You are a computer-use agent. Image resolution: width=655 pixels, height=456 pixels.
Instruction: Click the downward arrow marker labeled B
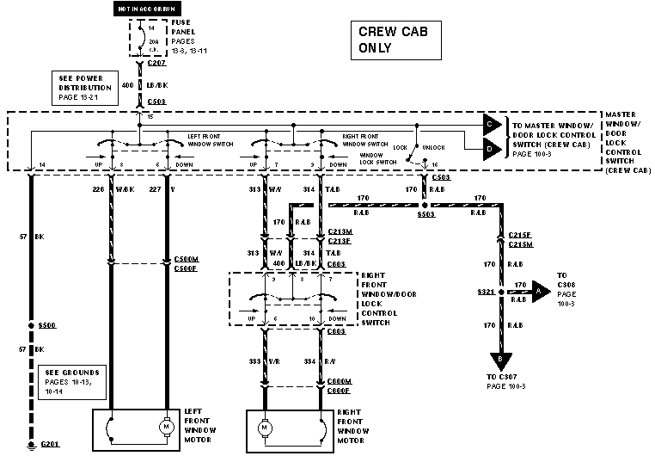[499, 360]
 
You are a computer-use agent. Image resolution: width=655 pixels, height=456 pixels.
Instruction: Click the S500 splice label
[49, 326]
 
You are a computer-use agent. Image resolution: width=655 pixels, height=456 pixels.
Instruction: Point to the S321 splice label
[486, 293]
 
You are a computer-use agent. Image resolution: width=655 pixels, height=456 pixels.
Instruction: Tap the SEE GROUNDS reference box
[73, 382]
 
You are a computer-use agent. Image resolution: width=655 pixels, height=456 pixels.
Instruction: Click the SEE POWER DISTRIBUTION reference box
[85, 88]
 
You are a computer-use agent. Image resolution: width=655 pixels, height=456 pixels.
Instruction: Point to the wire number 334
[309, 362]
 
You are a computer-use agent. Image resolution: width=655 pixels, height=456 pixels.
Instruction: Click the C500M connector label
[186, 258]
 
